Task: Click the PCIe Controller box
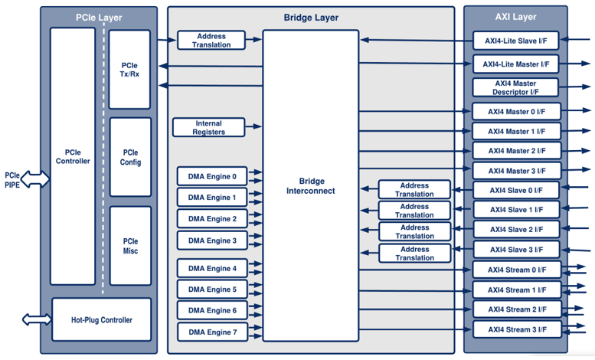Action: click(x=73, y=155)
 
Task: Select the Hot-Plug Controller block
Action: click(x=100, y=319)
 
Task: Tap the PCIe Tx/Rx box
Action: click(x=130, y=69)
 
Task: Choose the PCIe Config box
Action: click(x=130, y=157)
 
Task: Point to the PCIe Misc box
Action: click(x=130, y=246)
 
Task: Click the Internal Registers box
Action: click(x=209, y=127)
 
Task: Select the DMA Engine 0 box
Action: click(x=212, y=176)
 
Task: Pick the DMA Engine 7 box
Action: click(x=212, y=332)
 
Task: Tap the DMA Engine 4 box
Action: click(x=212, y=268)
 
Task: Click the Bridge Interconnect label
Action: click(x=310, y=185)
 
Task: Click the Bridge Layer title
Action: click(x=310, y=18)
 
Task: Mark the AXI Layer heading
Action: click(x=515, y=17)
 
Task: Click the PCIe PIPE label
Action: click(x=12, y=180)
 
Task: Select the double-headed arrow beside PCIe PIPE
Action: click(x=36, y=180)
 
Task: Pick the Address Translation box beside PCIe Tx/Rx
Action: click(x=211, y=41)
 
